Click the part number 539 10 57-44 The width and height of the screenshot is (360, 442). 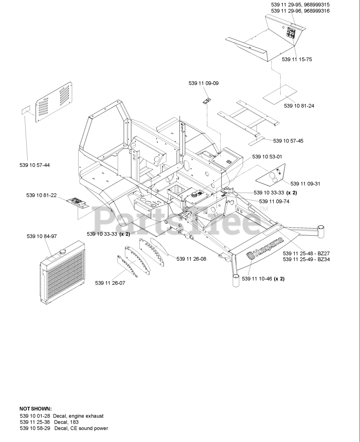coord(35,165)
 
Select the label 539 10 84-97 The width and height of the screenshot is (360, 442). coord(41,236)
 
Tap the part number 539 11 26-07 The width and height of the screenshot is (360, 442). coord(110,283)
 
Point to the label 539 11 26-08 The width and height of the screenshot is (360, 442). coord(191,259)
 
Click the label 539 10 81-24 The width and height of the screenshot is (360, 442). coord(299,106)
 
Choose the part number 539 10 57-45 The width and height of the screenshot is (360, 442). coord(288,141)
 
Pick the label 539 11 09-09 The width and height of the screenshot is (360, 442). coord(203,83)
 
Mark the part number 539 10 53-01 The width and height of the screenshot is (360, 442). coord(267,157)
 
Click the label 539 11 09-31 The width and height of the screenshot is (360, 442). coord(305,184)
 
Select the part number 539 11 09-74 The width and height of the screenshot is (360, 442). coord(274,201)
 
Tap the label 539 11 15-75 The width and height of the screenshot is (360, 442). coord(297,59)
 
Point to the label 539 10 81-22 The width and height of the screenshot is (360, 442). coord(41,195)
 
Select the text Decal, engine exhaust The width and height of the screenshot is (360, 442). coord(78,416)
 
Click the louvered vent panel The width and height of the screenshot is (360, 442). coord(54,102)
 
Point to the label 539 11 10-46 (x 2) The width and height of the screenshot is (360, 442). coord(263,279)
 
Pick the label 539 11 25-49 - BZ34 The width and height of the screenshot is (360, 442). coord(306,259)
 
